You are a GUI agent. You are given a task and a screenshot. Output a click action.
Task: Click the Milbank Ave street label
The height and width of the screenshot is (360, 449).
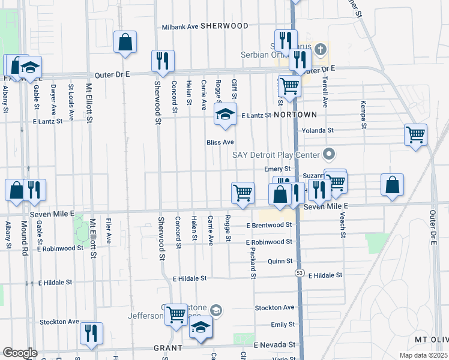coord(180,27)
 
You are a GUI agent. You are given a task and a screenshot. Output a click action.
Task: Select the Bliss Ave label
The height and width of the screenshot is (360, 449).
coord(220,142)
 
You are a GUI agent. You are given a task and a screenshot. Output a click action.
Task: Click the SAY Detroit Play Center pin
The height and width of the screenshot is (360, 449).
coord(329,154)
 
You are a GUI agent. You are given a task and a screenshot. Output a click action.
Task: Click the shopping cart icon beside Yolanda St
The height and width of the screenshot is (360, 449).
coord(415,134)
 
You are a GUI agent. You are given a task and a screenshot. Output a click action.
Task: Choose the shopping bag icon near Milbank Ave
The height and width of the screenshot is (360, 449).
coord(125,42)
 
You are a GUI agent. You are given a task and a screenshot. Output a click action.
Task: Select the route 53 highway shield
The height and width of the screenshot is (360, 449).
coord(298,272)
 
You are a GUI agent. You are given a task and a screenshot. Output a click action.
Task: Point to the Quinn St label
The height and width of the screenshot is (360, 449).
coord(280,261)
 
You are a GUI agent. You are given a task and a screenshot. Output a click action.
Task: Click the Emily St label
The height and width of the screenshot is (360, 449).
coord(282,325)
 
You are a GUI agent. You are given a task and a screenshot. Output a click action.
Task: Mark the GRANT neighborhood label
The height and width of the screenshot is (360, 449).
coord(167,348)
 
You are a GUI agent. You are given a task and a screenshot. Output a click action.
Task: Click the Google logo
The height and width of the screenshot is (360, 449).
coord(20,353)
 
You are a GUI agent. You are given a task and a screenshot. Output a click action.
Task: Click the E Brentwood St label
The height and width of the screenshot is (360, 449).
coord(269,225)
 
